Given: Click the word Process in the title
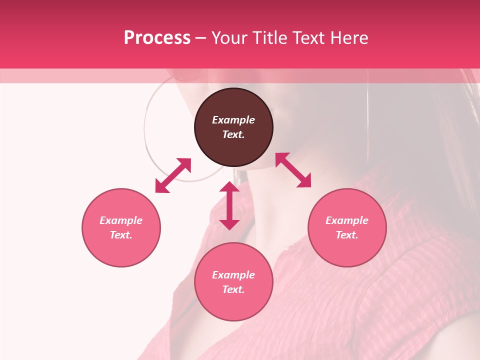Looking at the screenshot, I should click(157, 38).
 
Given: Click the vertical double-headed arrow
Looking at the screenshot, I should click(229, 205).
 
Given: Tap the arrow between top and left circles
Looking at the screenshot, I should click(173, 175).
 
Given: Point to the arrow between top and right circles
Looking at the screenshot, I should click(293, 170).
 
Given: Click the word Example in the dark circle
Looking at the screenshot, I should click(233, 120).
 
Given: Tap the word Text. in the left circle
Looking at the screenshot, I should click(121, 235).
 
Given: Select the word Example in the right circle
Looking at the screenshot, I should click(347, 220).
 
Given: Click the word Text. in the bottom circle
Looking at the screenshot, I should click(233, 289).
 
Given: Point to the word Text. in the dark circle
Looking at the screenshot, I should click(233, 134).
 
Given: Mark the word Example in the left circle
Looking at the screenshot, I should click(121, 220).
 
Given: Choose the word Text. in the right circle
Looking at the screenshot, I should click(347, 235).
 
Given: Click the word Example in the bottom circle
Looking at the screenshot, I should click(233, 275).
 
